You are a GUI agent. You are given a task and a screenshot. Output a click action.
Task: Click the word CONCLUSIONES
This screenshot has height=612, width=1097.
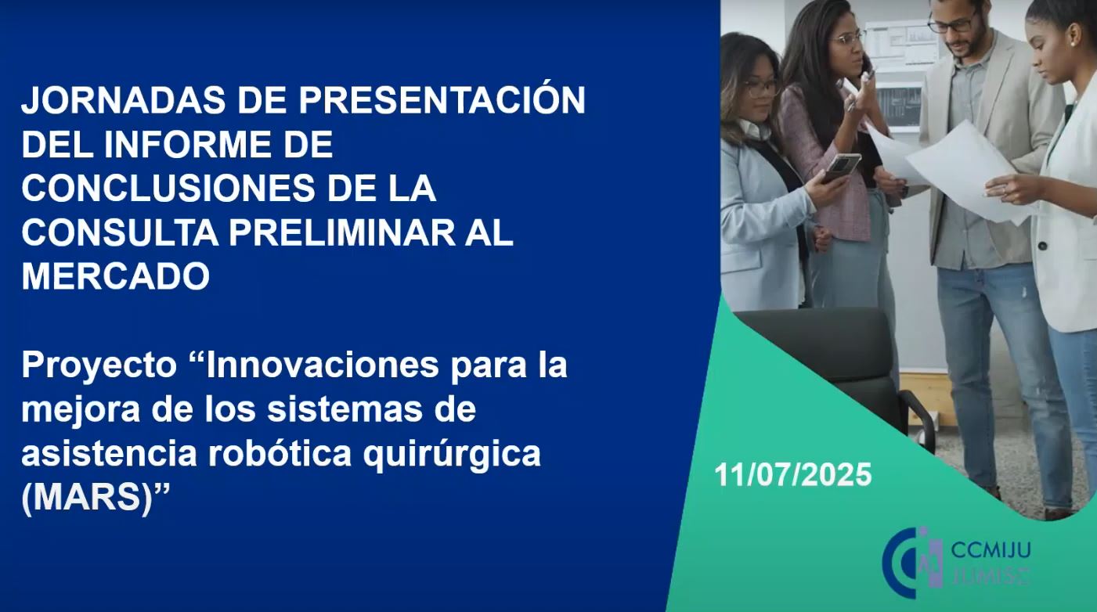[x=168, y=189]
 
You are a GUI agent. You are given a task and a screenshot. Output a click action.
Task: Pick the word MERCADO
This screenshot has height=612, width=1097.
[x=116, y=276]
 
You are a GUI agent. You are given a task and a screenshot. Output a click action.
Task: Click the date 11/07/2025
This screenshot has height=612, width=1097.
[x=793, y=474]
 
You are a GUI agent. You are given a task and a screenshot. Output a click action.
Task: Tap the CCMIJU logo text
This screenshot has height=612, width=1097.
[x=991, y=550]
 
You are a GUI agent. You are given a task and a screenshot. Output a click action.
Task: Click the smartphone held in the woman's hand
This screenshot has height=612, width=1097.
[x=842, y=167]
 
